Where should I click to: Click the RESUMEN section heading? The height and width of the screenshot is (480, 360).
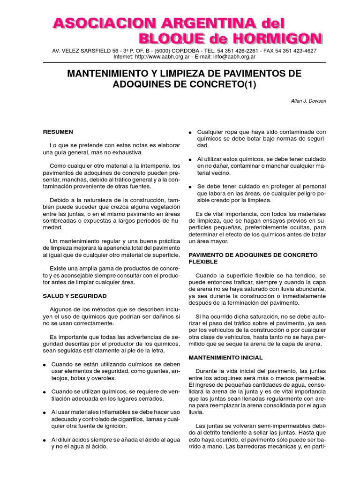tap(58, 132)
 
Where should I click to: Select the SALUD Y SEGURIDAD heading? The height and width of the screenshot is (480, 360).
tap(75, 296)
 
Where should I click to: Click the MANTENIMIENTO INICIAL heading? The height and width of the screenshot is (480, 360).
tap(225, 358)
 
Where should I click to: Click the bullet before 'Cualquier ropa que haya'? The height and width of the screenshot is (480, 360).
tap(190, 133)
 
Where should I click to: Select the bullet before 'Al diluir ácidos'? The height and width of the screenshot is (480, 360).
tap(45, 440)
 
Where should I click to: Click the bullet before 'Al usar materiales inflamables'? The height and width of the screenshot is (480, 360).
tap(45, 412)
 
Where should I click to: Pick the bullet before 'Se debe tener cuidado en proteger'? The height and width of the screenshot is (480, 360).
tap(190, 187)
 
